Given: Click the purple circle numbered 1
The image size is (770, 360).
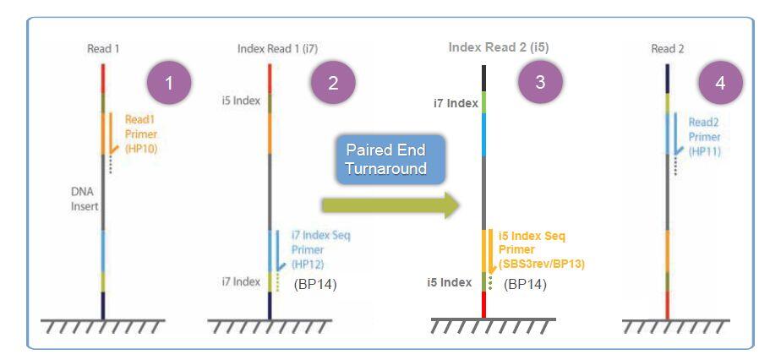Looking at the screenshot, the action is click(169, 83).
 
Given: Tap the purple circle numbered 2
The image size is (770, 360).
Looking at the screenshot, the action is click(333, 83).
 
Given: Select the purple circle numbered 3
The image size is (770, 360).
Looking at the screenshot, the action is click(540, 81).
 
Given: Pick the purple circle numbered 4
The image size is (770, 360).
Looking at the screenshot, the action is click(720, 83).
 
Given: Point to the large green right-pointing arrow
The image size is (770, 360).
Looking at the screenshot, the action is click(390, 205).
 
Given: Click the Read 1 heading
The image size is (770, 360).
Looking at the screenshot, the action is click(103, 49).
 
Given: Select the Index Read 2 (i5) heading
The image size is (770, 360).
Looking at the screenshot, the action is click(499, 47).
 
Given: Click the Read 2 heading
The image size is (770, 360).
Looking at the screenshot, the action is click(668, 49).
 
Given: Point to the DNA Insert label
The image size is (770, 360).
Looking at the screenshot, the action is click(85, 199).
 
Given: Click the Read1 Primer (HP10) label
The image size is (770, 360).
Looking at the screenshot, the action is click(141, 134).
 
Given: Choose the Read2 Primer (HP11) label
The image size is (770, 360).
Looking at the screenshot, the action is click(704, 137).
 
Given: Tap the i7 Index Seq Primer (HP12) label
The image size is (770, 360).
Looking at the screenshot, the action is click(320, 250).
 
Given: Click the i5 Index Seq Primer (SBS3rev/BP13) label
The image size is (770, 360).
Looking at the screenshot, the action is click(541, 250).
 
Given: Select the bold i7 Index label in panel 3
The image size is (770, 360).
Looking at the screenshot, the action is click(456, 103).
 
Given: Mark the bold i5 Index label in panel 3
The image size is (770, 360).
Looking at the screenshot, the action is click(450, 282).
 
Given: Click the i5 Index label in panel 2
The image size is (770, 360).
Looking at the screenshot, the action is click(241, 102).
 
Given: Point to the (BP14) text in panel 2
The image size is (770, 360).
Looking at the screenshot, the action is click(314, 285).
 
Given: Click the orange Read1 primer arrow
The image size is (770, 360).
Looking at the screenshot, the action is click(112, 133).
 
